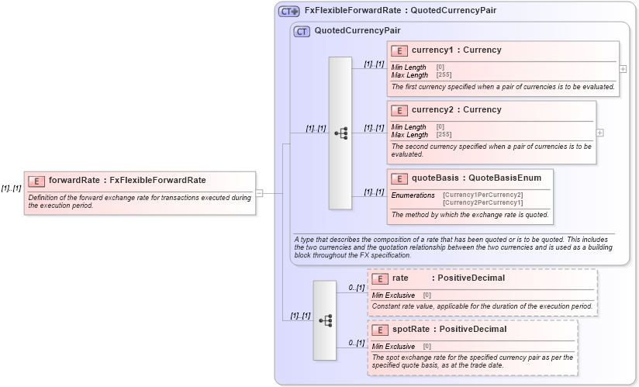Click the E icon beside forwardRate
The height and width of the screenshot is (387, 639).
click(x=36, y=181)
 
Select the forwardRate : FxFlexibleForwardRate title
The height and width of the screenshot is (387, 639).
click(x=127, y=181)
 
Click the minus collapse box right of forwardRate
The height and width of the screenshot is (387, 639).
click(x=260, y=193)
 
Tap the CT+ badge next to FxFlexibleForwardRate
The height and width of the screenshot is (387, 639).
click(x=289, y=11)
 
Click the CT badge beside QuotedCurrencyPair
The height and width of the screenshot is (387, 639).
click(x=302, y=31)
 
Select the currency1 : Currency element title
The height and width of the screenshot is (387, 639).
click(x=456, y=50)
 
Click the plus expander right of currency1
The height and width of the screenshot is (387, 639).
click(x=623, y=68)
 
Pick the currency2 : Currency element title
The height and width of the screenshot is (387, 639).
click(x=456, y=110)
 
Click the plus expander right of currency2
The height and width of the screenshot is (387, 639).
click(x=599, y=133)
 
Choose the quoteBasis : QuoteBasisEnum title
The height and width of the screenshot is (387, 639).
click(x=476, y=178)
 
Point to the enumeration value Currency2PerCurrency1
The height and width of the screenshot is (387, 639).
click(x=482, y=202)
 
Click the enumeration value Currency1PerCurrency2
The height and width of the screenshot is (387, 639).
click(x=482, y=195)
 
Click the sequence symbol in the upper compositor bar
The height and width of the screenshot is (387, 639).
click(x=340, y=133)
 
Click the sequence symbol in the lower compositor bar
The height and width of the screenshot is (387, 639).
click(x=325, y=320)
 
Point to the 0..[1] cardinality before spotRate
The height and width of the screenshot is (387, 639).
click(x=355, y=343)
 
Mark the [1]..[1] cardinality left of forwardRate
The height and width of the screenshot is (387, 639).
click(x=11, y=188)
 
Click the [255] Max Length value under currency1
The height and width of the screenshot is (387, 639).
click(x=444, y=75)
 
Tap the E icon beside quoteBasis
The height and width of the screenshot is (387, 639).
click(x=399, y=178)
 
